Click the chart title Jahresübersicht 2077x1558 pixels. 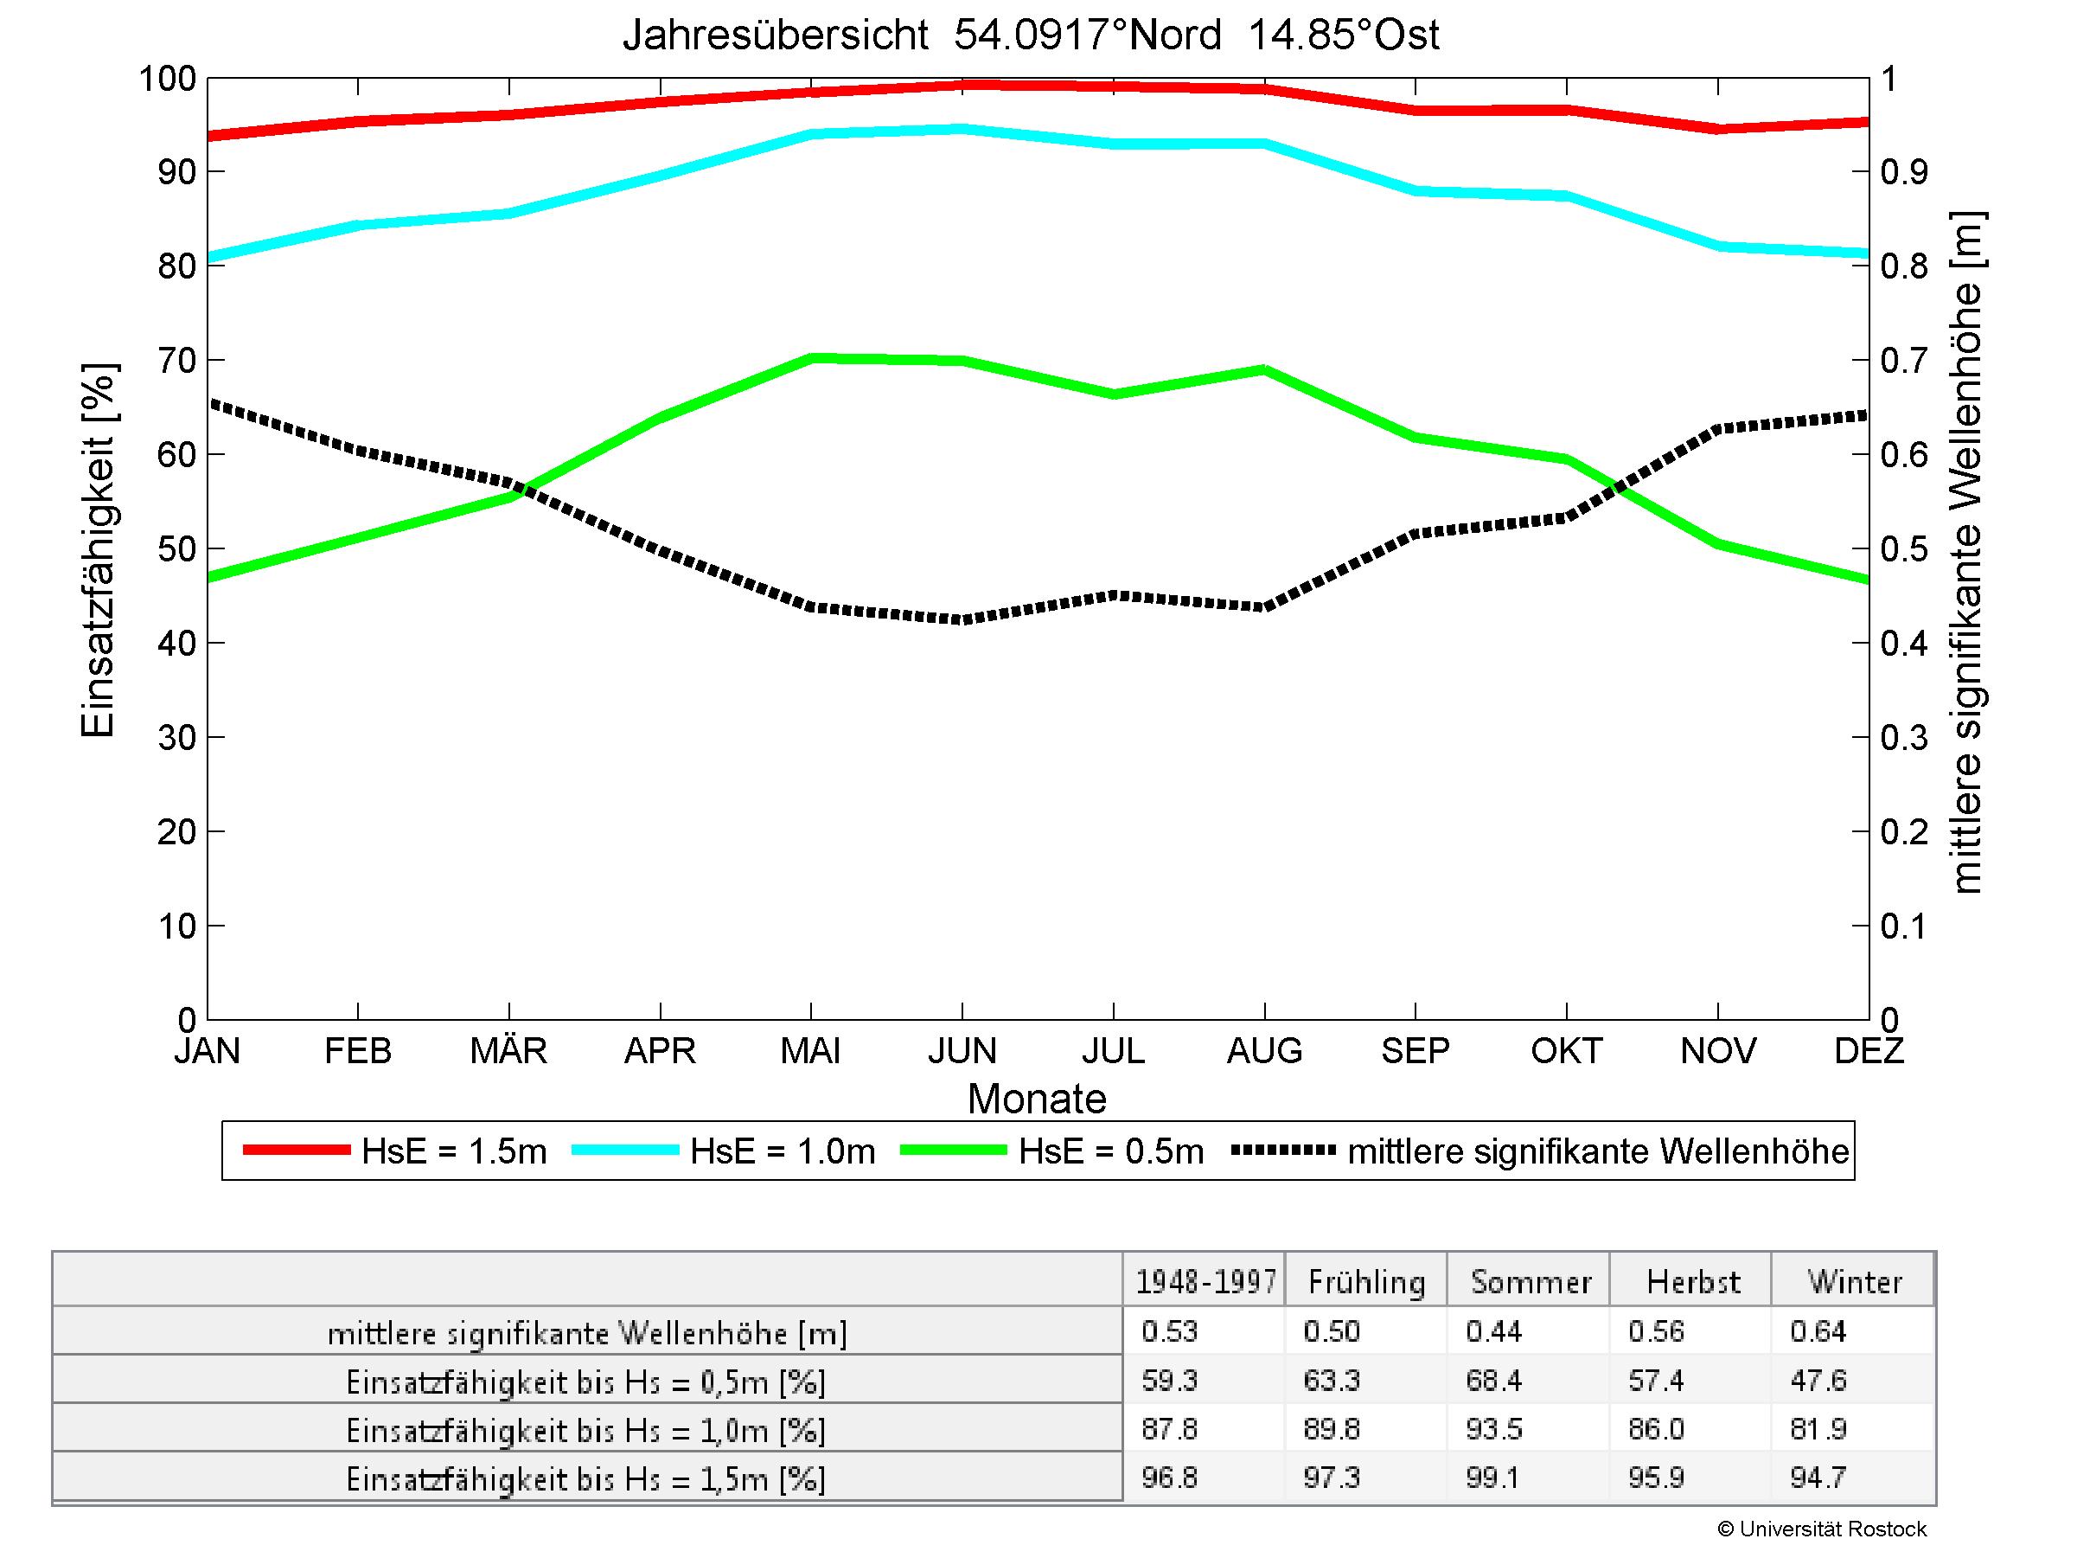click(x=1030, y=35)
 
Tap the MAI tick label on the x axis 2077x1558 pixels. click(x=810, y=1051)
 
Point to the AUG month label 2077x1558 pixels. click(x=1264, y=1051)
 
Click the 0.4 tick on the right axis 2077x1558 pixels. click(x=1904, y=644)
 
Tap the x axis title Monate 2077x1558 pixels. click(x=1037, y=1099)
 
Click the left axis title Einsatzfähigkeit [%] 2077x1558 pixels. click(x=98, y=550)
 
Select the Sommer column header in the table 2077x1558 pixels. click(x=1531, y=1282)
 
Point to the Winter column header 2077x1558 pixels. click(x=1855, y=1282)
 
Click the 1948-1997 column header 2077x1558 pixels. click(x=1205, y=1282)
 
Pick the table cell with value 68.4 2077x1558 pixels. click(x=1493, y=1381)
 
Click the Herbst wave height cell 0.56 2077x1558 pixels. click(x=1657, y=1331)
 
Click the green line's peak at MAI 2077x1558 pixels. click(x=812, y=358)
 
